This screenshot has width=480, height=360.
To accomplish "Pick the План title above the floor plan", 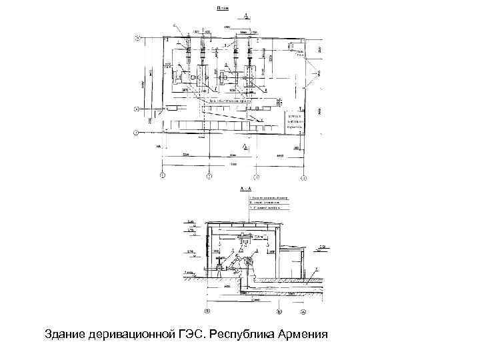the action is coord(223,8).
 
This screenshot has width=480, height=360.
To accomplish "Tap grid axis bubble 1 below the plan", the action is coord(162,177).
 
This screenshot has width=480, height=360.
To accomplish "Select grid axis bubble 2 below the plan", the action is coord(209,177).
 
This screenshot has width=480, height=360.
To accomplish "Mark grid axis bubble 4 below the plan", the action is coord(303,177).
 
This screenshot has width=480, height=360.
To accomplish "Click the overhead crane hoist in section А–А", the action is coord(248,237).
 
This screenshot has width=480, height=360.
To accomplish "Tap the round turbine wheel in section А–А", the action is coord(251,265).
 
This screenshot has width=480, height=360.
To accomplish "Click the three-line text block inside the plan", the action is coord(294,121).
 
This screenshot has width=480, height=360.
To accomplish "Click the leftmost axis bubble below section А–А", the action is coord(207,311).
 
